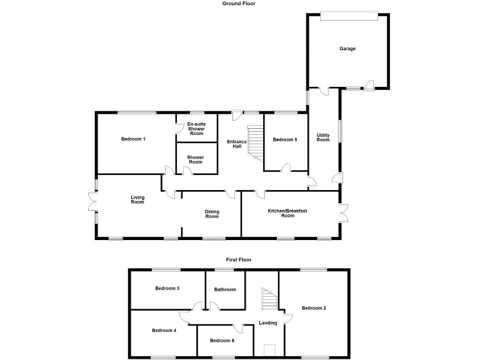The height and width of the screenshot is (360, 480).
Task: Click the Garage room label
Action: pyautogui.click(x=347, y=49)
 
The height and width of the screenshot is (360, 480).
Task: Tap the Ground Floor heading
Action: pyautogui.click(x=239, y=4)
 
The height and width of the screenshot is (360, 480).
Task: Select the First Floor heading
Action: pyautogui.click(x=239, y=259)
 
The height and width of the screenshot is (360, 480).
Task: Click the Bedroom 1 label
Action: pyautogui.click(x=133, y=139)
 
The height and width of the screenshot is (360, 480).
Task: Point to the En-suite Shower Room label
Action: pyautogui.click(x=196, y=129)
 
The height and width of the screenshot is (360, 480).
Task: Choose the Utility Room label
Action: pyautogui.click(x=322, y=137)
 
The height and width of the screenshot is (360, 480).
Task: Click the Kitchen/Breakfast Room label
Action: pyautogui.click(x=288, y=213)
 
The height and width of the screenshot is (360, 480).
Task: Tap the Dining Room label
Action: pyautogui.click(x=212, y=214)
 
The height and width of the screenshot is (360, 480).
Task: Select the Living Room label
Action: pyautogui.click(x=137, y=200)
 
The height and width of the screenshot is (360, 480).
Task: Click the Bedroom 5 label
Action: pyautogui.click(x=285, y=139)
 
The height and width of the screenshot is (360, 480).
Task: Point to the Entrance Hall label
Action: pyautogui.click(x=237, y=144)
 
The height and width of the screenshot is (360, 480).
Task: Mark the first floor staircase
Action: pyautogui.click(x=268, y=300)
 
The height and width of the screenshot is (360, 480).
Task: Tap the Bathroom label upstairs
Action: pyautogui.click(x=225, y=289)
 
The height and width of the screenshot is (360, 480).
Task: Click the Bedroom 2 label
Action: pyautogui.click(x=314, y=307)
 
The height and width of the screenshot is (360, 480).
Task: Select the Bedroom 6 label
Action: pyautogui.click(x=222, y=341)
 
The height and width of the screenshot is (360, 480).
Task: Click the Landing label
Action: pyautogui.click(x=267, y=323)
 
